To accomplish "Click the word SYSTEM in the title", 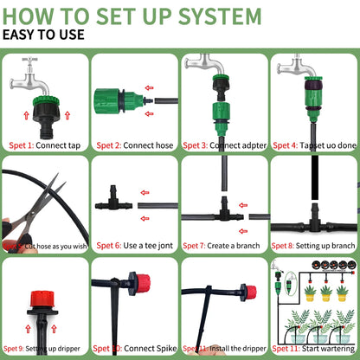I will pos(209,16).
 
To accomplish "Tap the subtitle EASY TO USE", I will pos(43,35).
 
